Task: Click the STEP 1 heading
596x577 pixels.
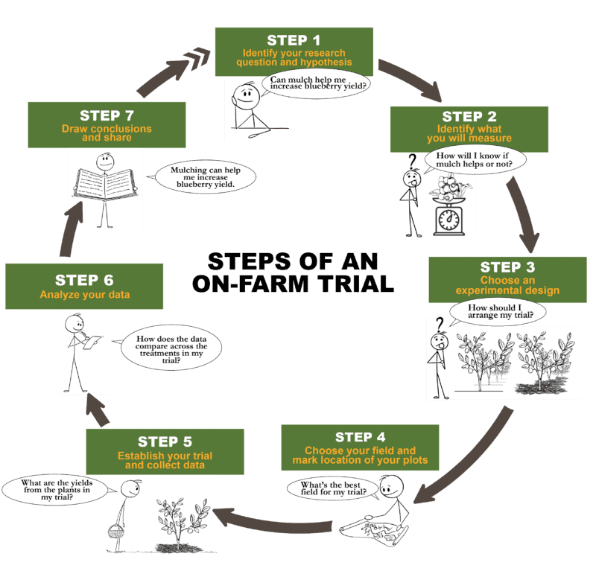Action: click(x=294, y=41)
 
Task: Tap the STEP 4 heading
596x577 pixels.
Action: click(x=360, y=437)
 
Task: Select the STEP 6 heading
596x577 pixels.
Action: click(x=84, y=280)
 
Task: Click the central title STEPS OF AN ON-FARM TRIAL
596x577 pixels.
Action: click(x=293, y=272)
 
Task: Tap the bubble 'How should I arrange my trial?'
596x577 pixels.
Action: click(x=497, y=311)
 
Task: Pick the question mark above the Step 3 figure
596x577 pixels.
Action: click(x=440, y=323)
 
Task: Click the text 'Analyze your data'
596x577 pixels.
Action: click(x=84, y=295)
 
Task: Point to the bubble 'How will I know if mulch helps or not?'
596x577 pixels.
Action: click(x=474, y=159)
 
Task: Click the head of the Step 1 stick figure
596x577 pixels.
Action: click(x=245, y=95)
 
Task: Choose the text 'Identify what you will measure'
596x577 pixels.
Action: click(x=469, y=134)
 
